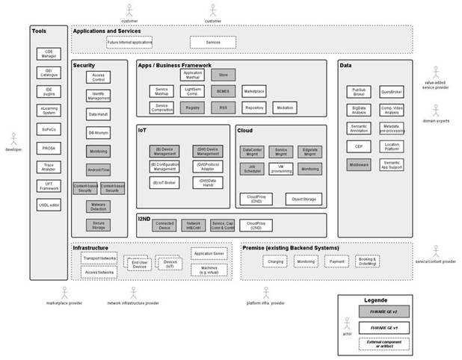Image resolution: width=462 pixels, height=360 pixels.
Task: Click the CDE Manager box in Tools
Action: pos(49,53)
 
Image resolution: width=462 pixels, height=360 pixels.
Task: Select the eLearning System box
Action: pos(49,110)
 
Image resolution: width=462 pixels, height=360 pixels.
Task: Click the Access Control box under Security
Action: pos(98,78)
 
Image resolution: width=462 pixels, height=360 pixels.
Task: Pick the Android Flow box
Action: pos(98,169)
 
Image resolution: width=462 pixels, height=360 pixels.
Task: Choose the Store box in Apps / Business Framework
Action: pos(222,75)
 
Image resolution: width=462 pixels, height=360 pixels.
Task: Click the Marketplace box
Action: pos(255,90)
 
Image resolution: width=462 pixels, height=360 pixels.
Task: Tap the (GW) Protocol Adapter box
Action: pos(207,166)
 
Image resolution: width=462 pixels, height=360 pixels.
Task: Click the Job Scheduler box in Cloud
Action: pos(252,169)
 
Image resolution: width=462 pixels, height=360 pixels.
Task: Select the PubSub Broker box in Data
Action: pos(359,91)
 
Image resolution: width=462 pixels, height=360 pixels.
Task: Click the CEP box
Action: pos(359,146)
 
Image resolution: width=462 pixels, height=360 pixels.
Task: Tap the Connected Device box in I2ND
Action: pos(164,224)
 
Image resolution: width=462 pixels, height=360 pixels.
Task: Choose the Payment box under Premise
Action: pos(338,262)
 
